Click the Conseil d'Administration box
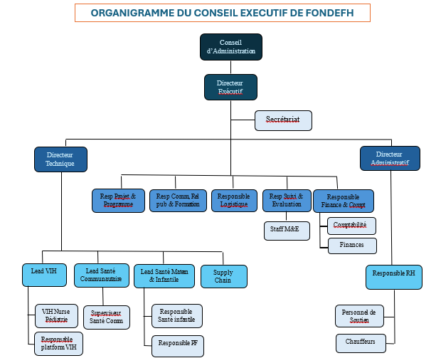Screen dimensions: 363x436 pyautogui.click(x=230, y=47)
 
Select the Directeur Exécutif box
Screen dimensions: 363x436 pyautogui.click(x=230, y=88)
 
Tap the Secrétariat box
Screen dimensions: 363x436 pyautogui.click(x=283, y=120)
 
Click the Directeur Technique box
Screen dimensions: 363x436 pyautogui.click(x=60, y=159)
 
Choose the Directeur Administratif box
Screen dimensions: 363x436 pyautogui.click(x=389, y=158)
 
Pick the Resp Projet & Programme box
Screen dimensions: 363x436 pyautogui.click(x=118, y=200)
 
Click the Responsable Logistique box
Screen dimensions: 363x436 pyautogui.click(x=234, y=200)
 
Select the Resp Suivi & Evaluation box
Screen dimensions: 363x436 pyautogui.click(x=287, y=200)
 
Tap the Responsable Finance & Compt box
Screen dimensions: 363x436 pyautogui.click(x=343, y=200)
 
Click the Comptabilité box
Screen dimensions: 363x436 pyautogui.click(x=351, y=226)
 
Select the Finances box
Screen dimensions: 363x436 pyautogui.click(x=351, y=245)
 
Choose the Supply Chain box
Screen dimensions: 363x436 pyautogui.click(x=223, y=276)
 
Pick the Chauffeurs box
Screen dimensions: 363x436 pyautogui.click(x=361, y=343)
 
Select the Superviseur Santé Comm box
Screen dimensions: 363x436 pyautogui.click(x=107, y=317)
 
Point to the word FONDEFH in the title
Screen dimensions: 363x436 pyautogui.click(x=331, y=13)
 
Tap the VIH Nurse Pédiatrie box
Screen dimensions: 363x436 pyautogui.click(x=58, y=315)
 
